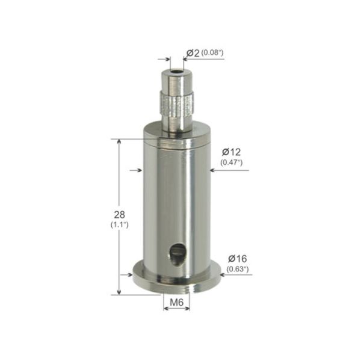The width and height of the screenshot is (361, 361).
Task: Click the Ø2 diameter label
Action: click(x=193, y=53)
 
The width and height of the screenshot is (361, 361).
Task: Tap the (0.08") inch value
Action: click(x=213, y=53)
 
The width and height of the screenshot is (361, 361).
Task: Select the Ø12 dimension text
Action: click(x=231, y=152)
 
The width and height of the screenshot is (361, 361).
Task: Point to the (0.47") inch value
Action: click(x=231, y=162)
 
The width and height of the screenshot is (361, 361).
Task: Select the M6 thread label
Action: click(x=176, y=301)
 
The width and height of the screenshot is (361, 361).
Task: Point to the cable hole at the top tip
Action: click(x=175, y=74)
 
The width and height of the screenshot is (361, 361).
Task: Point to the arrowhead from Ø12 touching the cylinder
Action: click(x=212, y=170)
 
